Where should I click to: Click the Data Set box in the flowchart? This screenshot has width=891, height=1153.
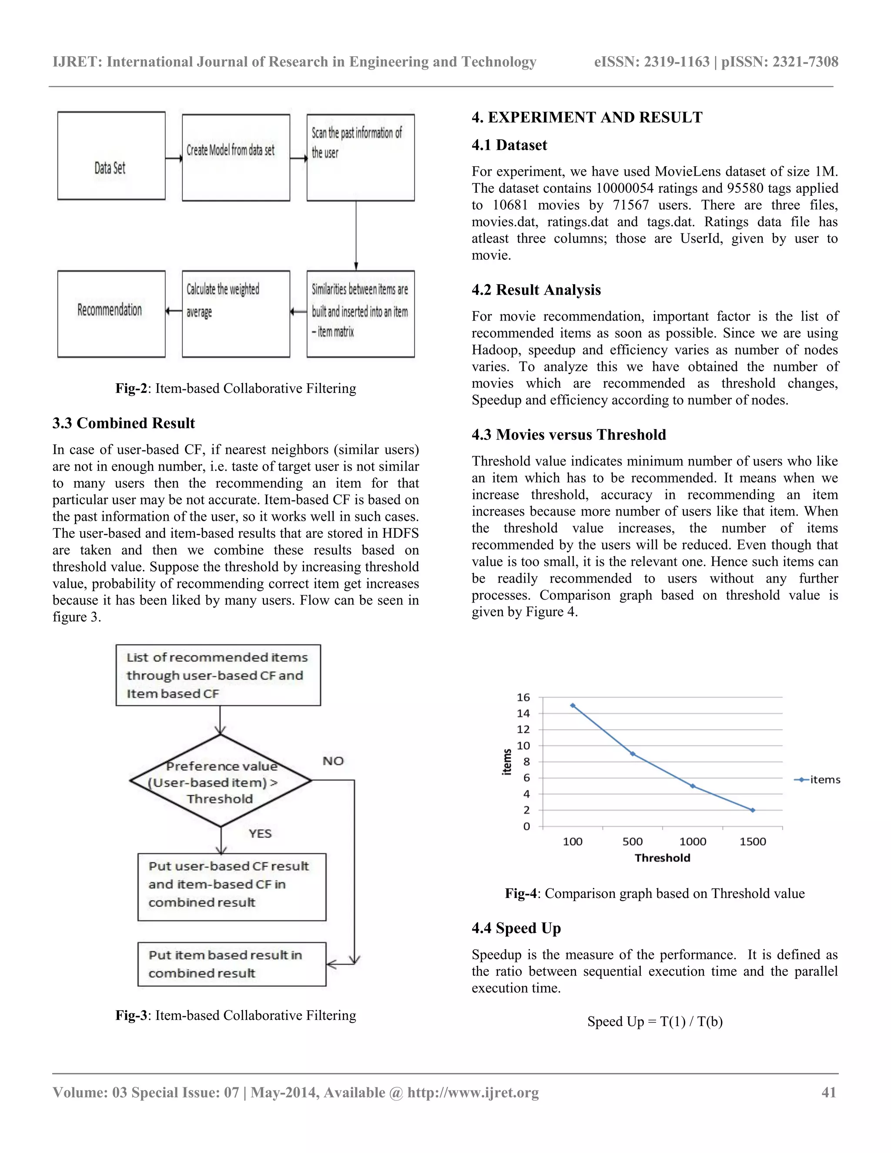111,156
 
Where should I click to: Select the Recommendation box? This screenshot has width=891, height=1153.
111,314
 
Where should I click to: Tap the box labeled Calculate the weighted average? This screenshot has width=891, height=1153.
235,314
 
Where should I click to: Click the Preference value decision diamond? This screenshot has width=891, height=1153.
221,782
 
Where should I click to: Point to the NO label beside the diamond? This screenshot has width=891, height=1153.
333,761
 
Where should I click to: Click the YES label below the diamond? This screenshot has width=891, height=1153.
260,833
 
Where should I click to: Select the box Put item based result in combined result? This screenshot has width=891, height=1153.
232,964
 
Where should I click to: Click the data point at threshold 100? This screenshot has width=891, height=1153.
573,705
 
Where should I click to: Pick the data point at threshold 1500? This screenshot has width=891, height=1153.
753,810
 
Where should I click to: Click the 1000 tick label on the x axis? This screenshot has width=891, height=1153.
693,841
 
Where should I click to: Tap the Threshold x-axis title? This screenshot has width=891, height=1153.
663,858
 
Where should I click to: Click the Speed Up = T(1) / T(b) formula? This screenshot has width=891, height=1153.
654,1022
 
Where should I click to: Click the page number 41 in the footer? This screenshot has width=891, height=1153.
829,1092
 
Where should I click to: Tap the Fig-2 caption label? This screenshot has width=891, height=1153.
131,389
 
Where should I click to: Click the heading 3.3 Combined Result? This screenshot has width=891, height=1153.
124,423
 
